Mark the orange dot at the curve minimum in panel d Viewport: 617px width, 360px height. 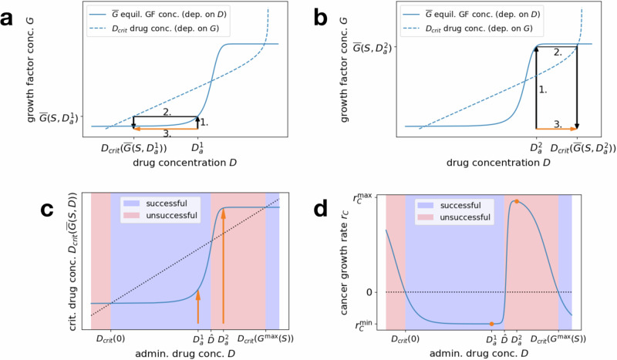(x=491, y=324)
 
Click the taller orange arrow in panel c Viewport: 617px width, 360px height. (x=223, y=262)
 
